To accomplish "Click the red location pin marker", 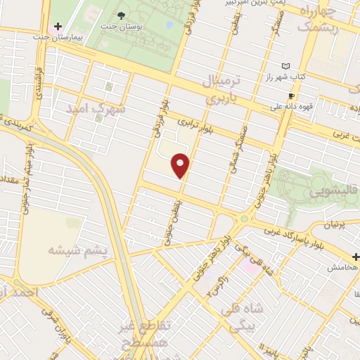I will pyautogui.click(x=181, y=165).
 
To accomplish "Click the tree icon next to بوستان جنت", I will pyautogui.click(x=124, y=15).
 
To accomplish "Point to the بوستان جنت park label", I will pyautogui.click(x=124, y=27).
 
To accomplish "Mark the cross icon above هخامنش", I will pyautogui.click(x=355, y=257).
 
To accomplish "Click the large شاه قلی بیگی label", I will pyautogui.click(x=240, y=316).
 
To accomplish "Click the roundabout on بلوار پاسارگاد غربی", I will pyautogui.click(x=245, y=220).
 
